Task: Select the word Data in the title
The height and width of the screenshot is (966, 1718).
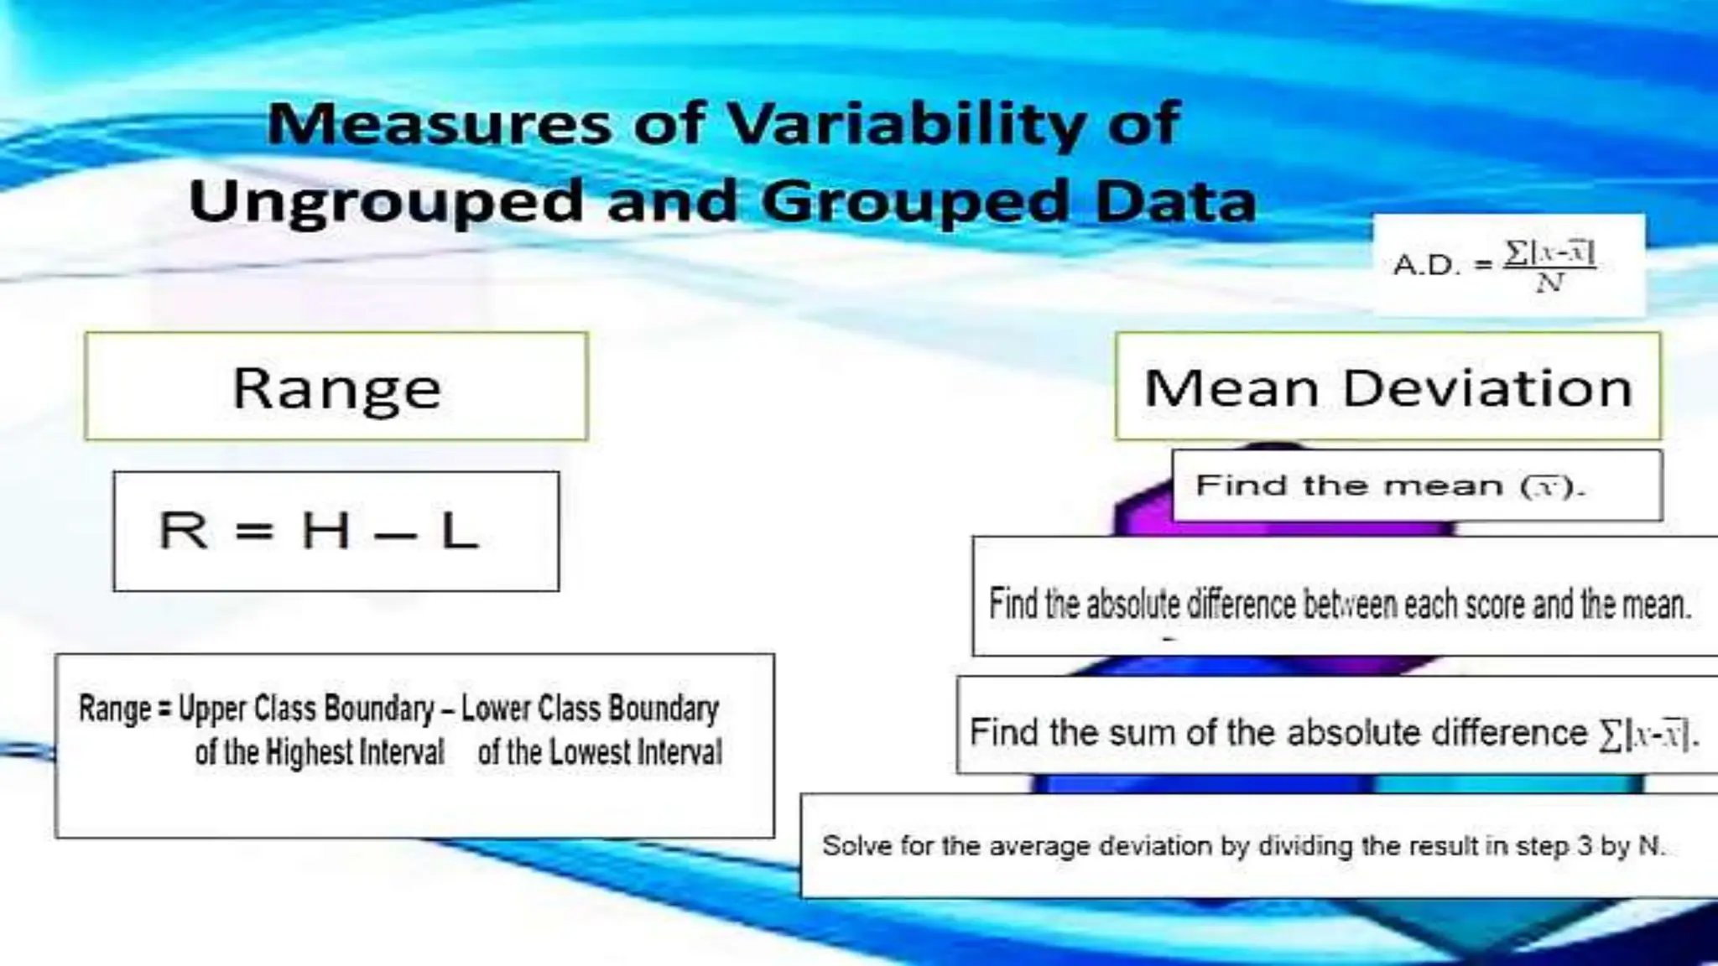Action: pos(1175,202)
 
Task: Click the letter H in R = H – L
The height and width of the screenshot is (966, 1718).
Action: pos(325,532)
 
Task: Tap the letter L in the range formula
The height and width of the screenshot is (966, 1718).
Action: pos(460,532)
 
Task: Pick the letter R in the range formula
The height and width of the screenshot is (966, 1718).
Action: pos(183,532)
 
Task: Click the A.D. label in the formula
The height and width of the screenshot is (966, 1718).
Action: pos(1426,266)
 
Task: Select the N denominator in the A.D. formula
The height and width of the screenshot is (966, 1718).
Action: pos(1549,283)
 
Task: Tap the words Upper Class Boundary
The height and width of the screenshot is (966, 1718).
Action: pos(307,709)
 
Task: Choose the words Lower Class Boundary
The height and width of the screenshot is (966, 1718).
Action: pos(590,709)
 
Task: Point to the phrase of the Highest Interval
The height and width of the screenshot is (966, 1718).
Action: pos(320,752)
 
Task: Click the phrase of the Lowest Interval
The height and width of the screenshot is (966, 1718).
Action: pos(600,752)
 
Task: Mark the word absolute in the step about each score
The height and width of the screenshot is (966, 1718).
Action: pos(1133,605)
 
